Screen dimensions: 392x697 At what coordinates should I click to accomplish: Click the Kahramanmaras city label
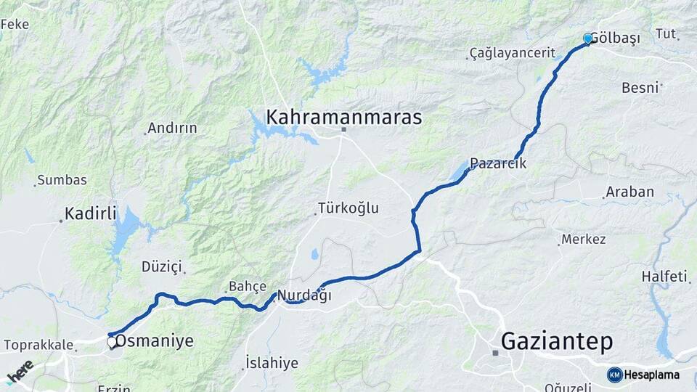click(343, 117)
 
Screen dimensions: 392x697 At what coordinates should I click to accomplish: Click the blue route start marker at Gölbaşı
click(587, 38)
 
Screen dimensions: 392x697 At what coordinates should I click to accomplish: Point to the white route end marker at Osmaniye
click(112, 341)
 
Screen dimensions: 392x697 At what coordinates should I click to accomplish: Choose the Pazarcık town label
click(498, 164)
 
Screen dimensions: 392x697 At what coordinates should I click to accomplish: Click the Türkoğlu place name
click(349, 208)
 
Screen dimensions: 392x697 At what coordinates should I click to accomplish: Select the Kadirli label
click(91, 213)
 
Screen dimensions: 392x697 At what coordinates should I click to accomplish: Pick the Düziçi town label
click(161, 266)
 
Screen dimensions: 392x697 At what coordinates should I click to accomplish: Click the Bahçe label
click(248, 285)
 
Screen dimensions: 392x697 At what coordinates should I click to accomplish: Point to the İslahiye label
click(272, 362)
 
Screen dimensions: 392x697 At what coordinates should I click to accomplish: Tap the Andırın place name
click(172, 128)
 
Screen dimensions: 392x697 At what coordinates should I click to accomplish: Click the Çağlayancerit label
click(513, 53)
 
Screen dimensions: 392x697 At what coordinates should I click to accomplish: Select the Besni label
click(640, 88)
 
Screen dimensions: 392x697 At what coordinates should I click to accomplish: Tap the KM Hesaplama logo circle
click(615, 375)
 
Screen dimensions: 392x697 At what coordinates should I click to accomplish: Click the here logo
click(20, 372)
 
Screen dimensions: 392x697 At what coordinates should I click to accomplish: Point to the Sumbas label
click(62, 179)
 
